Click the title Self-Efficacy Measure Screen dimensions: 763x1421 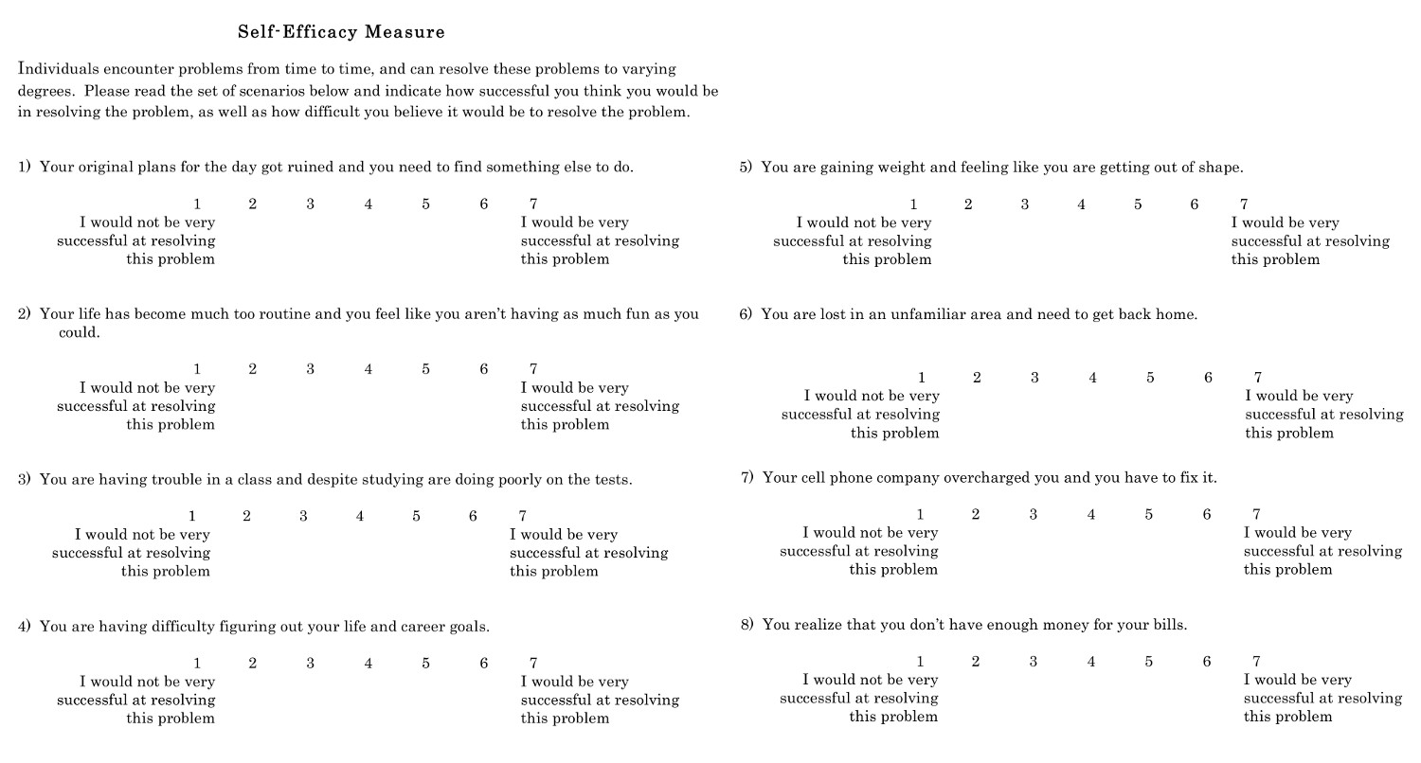[x=341, y=32]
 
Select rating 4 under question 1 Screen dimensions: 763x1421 [x=369, y=204]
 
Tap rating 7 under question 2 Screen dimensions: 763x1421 [x=533, y=369]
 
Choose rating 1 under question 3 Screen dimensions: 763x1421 [x=192, y=516]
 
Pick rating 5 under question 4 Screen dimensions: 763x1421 [x=426, y=664]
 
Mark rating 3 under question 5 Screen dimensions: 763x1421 [x=1025, y=204]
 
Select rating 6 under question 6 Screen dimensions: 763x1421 [x=1208, y=378]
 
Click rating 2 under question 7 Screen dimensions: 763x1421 [x=976, y=515]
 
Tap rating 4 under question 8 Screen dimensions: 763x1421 [x=1091, y=662]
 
